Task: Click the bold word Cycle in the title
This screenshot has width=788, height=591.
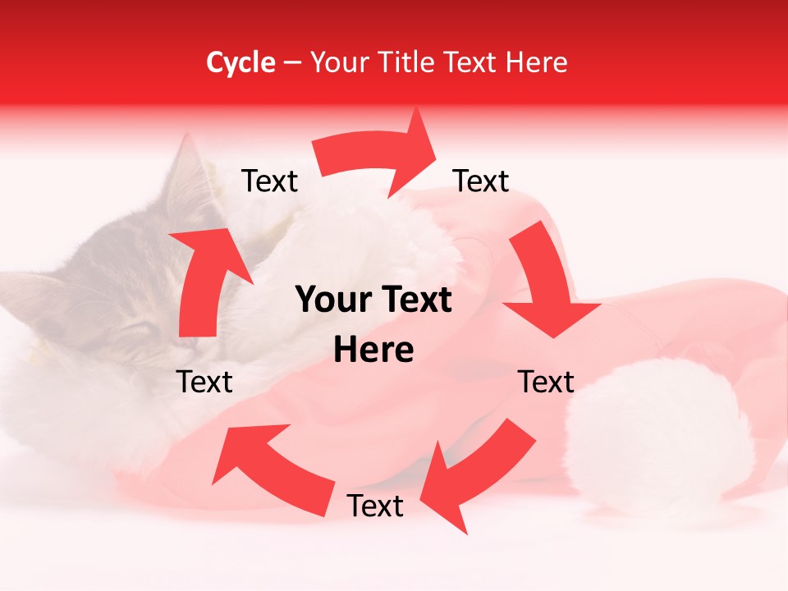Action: pyautogui.click(x=241, y=62)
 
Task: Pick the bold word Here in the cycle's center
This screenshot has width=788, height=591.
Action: pyautogui.click(x=373, y=350)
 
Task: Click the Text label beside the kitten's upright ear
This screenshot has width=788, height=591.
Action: pyautogui.click(x=269, y=181)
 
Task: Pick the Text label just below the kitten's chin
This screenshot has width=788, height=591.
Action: pyautogui.click(x=204, y=382)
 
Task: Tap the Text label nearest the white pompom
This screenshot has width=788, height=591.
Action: pyautogui.click(x=546, y=382)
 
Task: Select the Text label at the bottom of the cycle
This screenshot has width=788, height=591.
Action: pyautogui.click(x=375, y=506)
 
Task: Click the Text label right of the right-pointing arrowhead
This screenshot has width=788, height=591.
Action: pyautogui.click(x=481, y=181)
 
